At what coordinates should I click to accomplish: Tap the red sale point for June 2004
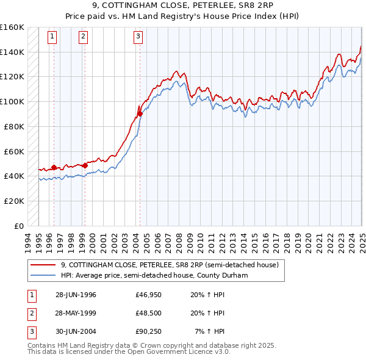[x=140, y=113]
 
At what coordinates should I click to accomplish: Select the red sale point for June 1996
[x=54, y=167]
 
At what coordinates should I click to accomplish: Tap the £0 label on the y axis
[x=20, y=226]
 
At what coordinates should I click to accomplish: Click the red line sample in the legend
[x=43, y=265]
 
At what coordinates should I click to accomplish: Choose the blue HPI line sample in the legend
[x=43, y=275]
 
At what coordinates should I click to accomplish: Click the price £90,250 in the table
[x=148, y=331]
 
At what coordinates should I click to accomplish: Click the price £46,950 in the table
[x=148, y=295]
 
